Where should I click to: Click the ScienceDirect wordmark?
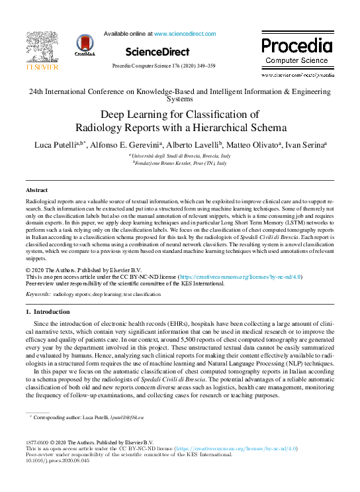pos(156,51)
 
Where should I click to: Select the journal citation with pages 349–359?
pos(163,66)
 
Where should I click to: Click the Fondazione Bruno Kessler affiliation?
pos(179,162)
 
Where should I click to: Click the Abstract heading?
pos(36,190)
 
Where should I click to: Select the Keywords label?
pos(38,292)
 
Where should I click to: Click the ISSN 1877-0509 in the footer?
pos(38,442)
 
